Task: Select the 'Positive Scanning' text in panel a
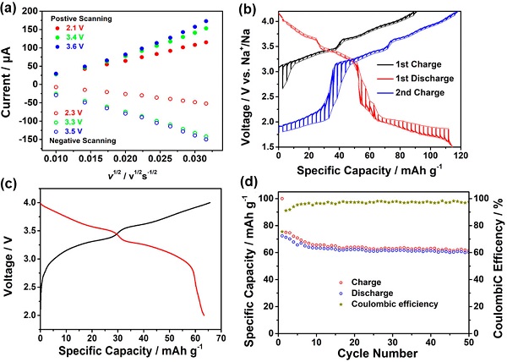tap(74, 16)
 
